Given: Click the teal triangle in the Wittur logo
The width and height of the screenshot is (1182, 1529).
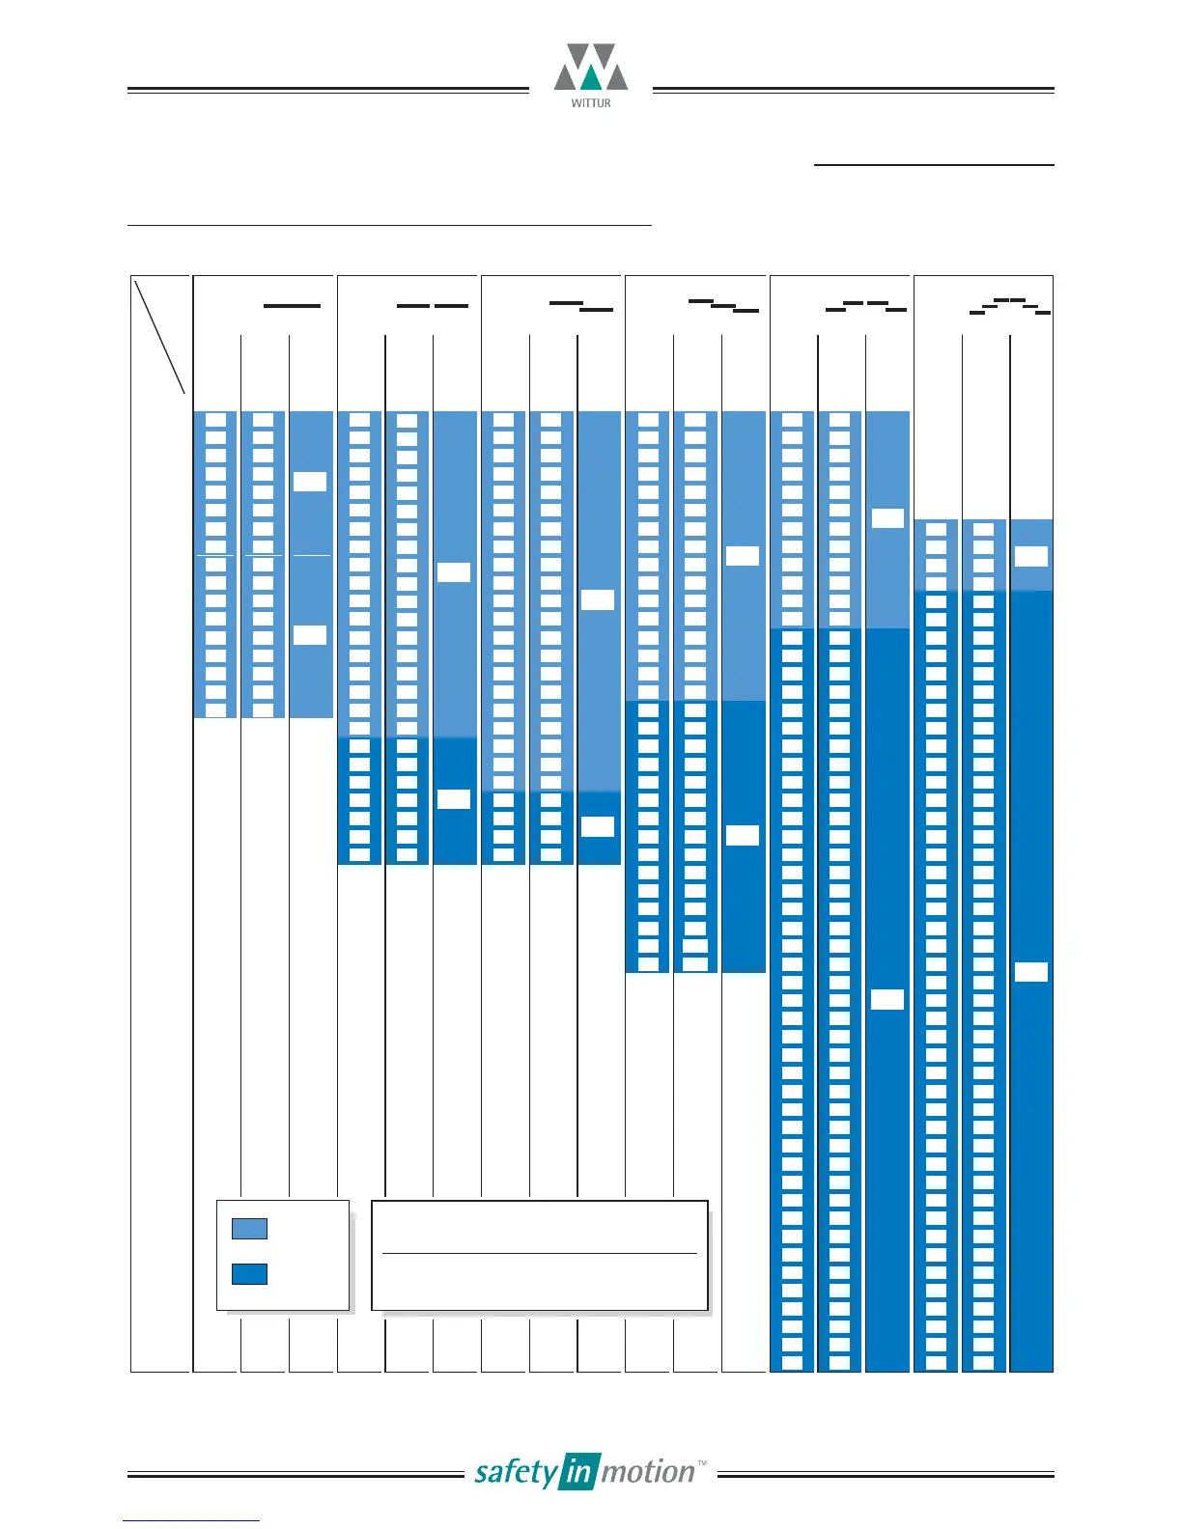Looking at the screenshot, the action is click(591, 79).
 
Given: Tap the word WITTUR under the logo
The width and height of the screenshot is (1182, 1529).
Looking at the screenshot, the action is click(591, 103).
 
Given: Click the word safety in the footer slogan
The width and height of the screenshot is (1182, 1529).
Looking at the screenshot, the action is click(516, 1473).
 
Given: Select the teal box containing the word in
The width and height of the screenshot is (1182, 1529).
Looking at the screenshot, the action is click(578, 1472).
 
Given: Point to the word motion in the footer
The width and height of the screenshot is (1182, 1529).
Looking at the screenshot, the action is click(647, 1472).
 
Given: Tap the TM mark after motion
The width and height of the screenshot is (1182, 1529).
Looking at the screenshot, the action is click(702, 1463).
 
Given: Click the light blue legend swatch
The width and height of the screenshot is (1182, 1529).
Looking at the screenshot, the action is click(249, 1229).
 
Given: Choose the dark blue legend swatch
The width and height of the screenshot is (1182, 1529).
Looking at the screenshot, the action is click(249, 1274).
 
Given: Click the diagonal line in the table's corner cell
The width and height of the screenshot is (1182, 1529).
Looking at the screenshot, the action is click(160, 336).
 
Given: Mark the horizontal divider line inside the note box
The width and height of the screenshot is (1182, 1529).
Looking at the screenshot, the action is click(539, 1253).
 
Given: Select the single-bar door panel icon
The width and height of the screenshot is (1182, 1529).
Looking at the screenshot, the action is click(292, 306).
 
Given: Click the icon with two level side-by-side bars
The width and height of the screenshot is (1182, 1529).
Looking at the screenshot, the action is click(433, 306).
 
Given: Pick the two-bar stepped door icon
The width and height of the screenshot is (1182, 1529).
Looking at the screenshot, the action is click(581, 307).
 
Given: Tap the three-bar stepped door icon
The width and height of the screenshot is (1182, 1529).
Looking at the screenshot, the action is click(723, 307).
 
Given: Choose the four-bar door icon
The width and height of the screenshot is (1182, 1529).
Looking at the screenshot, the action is click(866, 307).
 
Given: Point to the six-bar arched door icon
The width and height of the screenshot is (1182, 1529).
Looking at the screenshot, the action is click(1010, 307).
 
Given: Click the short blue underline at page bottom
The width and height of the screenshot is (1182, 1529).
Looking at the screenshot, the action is click(191, 1521).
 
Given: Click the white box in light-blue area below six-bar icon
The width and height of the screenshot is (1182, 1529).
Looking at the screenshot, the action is click(1031, 556).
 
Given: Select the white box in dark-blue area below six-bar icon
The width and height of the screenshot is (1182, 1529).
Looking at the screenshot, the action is click(1031, 972).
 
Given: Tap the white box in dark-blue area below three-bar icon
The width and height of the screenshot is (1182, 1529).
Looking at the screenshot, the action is click(743, 836).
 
